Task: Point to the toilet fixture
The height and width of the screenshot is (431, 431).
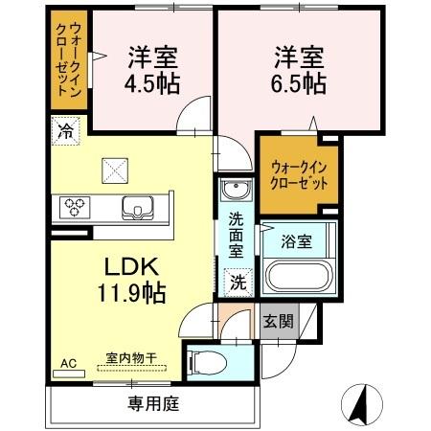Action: (x=210, y=362)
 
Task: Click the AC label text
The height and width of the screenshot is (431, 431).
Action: (x=68, y=363)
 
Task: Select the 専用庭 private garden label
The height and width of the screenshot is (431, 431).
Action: (x=153, y=404)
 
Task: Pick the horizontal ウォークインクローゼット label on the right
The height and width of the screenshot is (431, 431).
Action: (x=298, y=174)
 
